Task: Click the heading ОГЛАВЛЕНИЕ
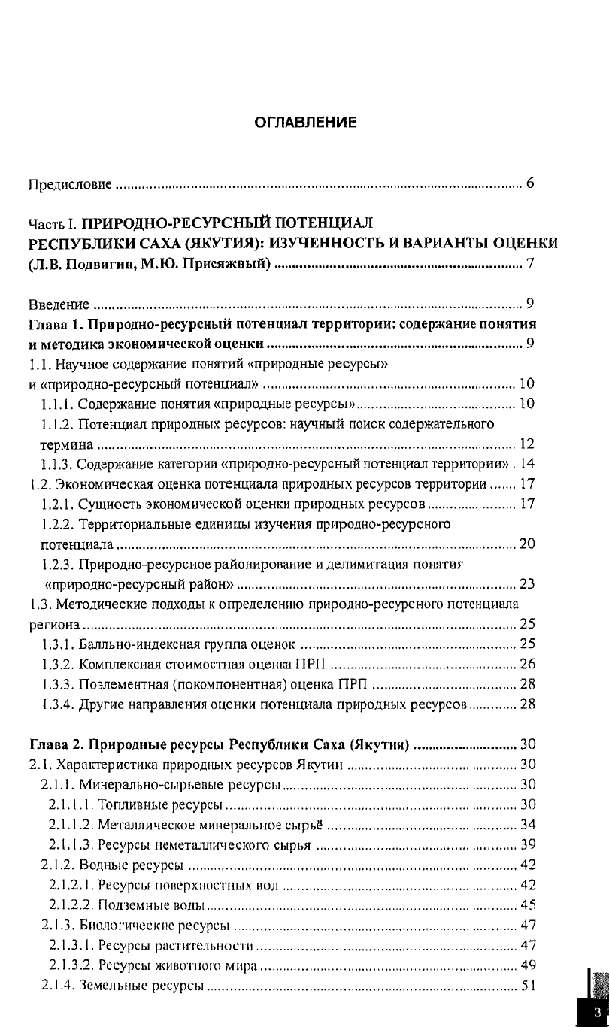coord(304,123)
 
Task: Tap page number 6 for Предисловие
coord(530,183)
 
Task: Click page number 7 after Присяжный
coord(530,264)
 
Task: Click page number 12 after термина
coord(526,444)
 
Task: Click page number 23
coord(526,584)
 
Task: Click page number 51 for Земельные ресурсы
coord(526,986)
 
